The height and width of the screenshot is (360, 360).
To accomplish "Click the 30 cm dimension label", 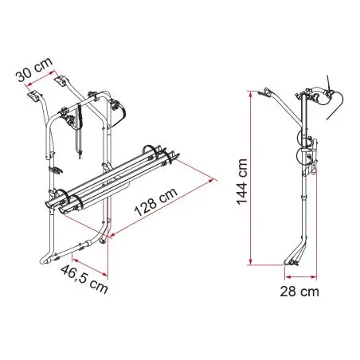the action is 35,68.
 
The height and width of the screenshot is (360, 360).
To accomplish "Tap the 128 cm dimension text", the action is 156,202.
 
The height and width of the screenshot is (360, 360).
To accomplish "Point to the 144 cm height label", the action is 242,182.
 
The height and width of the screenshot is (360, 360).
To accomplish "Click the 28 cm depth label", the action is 299,292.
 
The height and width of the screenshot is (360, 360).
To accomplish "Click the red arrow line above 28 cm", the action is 301,277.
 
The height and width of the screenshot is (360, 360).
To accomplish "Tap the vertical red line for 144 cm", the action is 250,178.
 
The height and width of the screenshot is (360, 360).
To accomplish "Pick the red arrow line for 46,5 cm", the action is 90,266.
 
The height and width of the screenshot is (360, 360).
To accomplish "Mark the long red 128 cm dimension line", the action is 162,208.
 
